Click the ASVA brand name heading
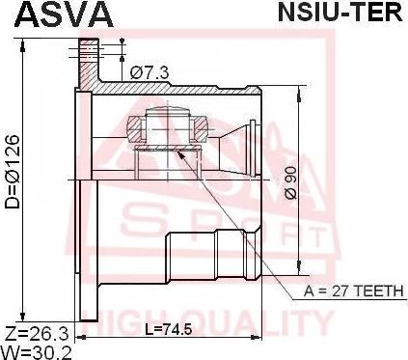[x=64, y=14]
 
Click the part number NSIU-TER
[x=340, y=12]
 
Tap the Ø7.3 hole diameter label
[x=150, y=73]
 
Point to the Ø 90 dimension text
[x=290, y=182]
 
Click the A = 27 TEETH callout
[x=353, y=291]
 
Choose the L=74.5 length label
[x=168, y=329]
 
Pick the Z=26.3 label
[x=38, y=335]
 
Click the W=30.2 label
[x=36, y=352]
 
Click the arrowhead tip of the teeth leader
[x=177, y=151]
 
